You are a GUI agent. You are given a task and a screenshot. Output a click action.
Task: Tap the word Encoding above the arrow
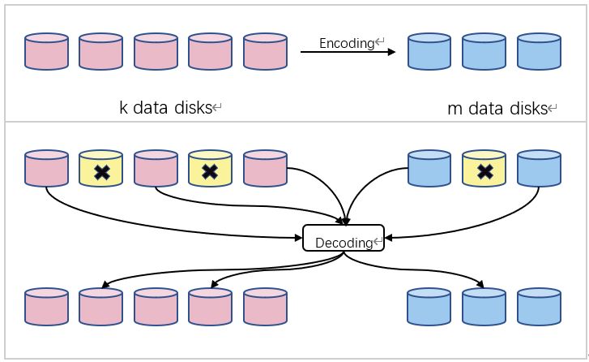[x=344, y=44]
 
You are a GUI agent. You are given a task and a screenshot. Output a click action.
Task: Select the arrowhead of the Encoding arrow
[x=391, y=52]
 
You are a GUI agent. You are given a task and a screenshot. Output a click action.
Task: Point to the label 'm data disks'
[x=497, y=108]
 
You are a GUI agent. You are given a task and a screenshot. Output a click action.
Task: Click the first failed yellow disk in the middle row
[x=100, y=169]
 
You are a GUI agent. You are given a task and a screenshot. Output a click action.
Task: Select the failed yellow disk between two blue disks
[x=484, y=169]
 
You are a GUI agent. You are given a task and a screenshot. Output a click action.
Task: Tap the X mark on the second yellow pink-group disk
[x=210, y=169]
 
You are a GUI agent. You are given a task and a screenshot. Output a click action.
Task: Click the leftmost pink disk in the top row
[x=46, y=52]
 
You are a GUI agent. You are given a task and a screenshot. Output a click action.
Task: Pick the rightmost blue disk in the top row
[x=539, y=52]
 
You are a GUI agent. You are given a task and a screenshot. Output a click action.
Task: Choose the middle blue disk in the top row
[x=484, y=52]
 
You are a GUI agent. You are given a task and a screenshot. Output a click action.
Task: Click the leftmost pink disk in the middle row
[x=46, y=169]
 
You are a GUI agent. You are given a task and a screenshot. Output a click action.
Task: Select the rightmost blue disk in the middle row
[x=539, y=169]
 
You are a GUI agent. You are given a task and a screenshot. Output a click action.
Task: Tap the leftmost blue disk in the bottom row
[x=429, y=307]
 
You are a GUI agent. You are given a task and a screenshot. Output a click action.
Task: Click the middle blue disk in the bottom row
[x=484, y=307]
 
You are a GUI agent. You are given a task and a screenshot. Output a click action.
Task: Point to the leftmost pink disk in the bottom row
[x=46, y=307]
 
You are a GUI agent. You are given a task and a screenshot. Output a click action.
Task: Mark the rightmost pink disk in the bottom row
[x=265, y=307]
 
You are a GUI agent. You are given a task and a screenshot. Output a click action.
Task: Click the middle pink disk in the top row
[x=156, y=52]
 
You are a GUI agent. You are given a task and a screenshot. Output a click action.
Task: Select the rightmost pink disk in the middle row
[x=265, y=169]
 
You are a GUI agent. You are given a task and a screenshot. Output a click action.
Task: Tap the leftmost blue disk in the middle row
[x=429, y=169]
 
